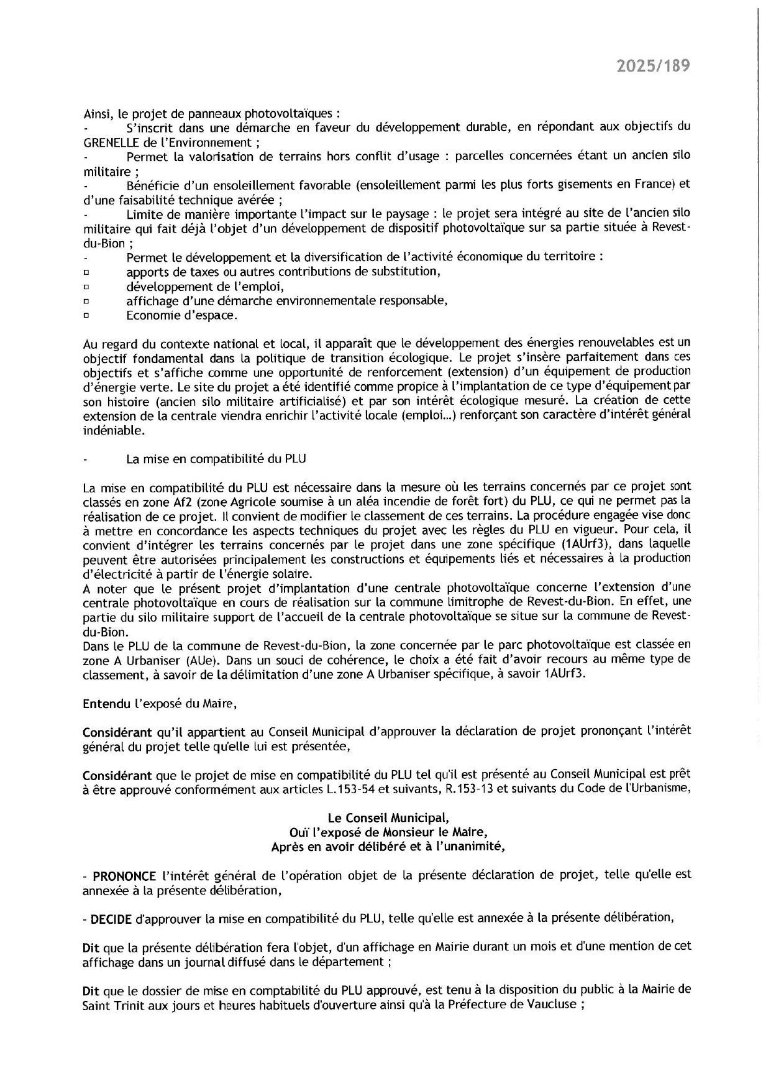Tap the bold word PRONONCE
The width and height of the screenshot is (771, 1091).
pyautogui.click(x=124, y=877)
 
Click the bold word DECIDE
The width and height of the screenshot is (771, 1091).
pyautogui.click(x=111, y=918)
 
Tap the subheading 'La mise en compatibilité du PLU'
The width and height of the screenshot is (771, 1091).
pyautogui.click(x=216, y=459)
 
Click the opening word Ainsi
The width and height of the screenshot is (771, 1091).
pyautogui.click(x=96, y=114)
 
